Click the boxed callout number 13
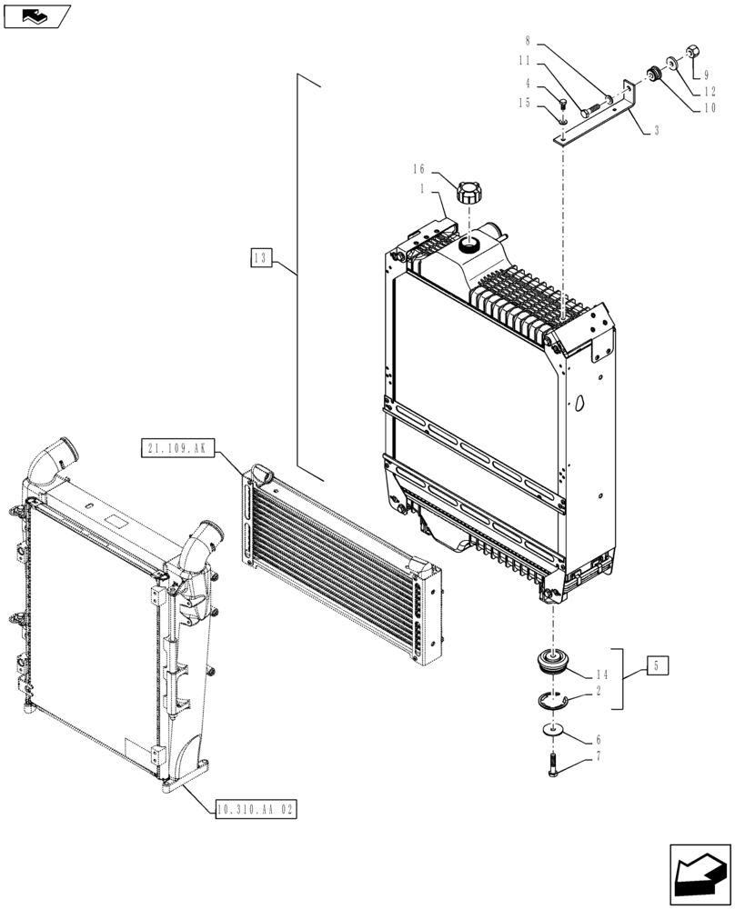(260, 259)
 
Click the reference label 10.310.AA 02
(257, 808)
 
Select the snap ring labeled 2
(549, 700)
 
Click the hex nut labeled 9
(689, 53)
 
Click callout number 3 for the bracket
(656, 131)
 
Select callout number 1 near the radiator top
(422, 187)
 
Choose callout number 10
(708, 107)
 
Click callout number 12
(708, 91)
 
